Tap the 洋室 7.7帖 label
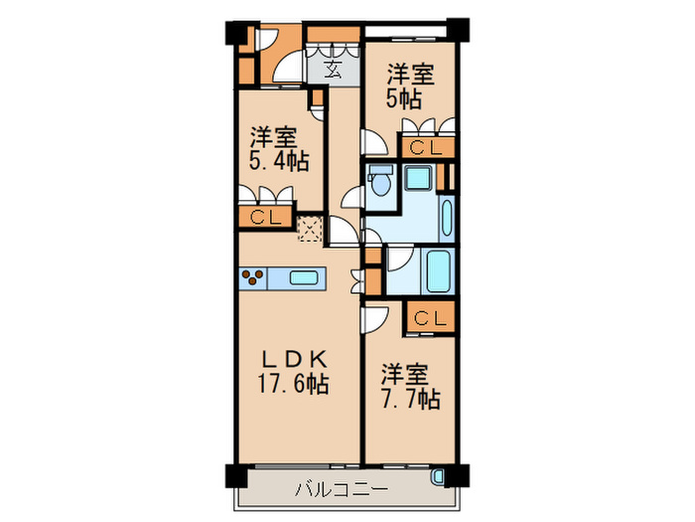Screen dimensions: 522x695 coord(408,388)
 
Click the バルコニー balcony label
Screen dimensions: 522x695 coord(341,489)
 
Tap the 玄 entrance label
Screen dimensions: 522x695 coord(333,71)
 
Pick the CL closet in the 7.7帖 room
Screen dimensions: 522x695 coord(429,319)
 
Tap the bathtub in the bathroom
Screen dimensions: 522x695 coord(438,268)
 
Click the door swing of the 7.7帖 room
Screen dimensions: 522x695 coord(375,319)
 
